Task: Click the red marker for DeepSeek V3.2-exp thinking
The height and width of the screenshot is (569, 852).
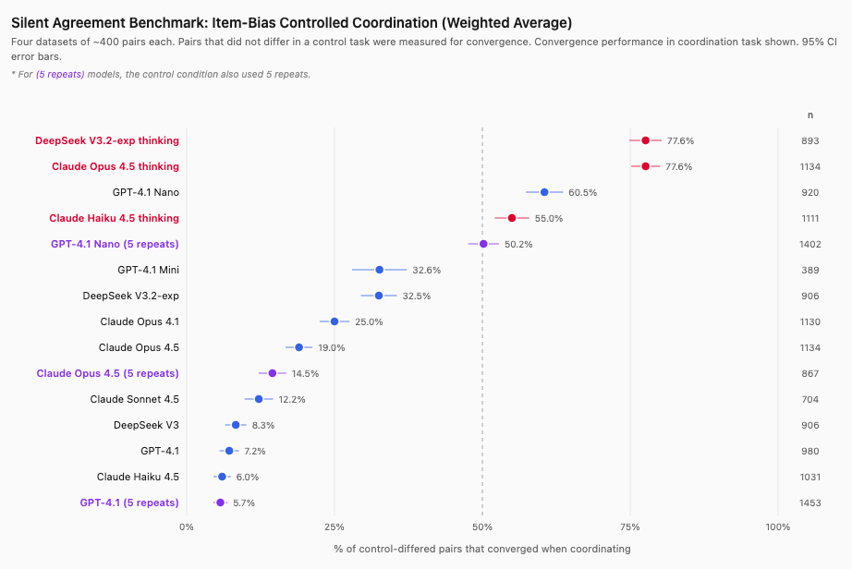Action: point(645,140)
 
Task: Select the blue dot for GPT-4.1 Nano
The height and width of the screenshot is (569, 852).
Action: point(544,192)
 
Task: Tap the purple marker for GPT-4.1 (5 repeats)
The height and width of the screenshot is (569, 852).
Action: point(220,502)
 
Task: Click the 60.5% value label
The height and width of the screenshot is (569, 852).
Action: point(582,192)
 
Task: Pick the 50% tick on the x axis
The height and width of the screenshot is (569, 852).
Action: point(482,527)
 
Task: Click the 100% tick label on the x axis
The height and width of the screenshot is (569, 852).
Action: point(778,527)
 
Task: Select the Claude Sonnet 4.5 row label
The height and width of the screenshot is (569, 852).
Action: point(134,399)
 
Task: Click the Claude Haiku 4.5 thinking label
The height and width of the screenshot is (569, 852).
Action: point(114,218)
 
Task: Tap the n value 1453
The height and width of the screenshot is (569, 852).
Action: point(810,502)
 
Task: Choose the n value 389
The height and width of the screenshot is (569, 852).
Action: point(810,270)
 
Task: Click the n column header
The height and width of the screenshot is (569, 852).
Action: point(810,115)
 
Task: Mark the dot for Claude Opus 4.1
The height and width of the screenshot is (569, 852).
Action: point(335,321)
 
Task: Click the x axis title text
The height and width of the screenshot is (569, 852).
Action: point(481,549)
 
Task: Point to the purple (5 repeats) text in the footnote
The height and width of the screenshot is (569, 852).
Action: point(60,74)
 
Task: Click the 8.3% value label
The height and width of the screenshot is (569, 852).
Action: point(262,425)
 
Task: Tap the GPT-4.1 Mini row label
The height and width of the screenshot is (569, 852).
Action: point(148,270)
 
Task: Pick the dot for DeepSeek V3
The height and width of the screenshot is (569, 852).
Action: point(236,425)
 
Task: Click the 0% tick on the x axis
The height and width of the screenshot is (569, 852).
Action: point(187,527)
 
